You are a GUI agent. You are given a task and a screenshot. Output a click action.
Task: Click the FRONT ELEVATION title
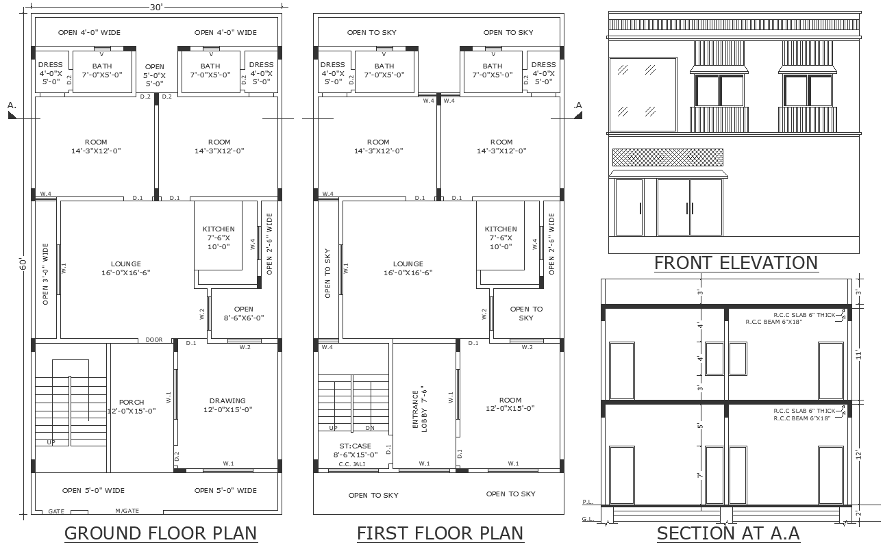point(736,263)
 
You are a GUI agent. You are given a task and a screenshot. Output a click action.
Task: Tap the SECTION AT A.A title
point(728,533)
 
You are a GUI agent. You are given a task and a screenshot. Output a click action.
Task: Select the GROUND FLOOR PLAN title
point(160,533)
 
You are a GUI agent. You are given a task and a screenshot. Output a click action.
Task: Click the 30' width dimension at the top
point(156,8)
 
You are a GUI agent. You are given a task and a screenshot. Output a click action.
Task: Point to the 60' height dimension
point(23,264)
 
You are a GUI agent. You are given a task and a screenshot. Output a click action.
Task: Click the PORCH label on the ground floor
point(132,403)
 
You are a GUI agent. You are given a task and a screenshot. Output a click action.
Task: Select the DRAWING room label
point(227,400)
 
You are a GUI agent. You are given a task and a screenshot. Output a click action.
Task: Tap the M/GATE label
point(127,511)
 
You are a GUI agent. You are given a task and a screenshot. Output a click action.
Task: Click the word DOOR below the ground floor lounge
point(153,340)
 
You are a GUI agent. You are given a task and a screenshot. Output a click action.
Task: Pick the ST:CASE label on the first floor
point(355,446)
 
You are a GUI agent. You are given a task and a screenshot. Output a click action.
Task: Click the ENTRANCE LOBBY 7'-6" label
point(419,409)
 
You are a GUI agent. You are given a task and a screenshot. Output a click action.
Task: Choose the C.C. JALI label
point(352,464)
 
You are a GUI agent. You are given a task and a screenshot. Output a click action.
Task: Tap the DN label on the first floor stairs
point(370,428)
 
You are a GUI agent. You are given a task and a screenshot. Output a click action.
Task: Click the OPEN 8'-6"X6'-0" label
point(244,314)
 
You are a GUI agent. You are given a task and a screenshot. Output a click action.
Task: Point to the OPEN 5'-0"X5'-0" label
point(155,75)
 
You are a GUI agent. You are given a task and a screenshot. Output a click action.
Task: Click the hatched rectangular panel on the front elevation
point(668,157)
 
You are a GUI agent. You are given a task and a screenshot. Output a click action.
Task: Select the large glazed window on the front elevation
point(643,94)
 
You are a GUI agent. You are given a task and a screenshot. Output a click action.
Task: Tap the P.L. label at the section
point(588,502)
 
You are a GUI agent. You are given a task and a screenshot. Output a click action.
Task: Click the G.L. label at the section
point(588,519)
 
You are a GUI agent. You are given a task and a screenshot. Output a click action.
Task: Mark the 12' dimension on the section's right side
point(859,455)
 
